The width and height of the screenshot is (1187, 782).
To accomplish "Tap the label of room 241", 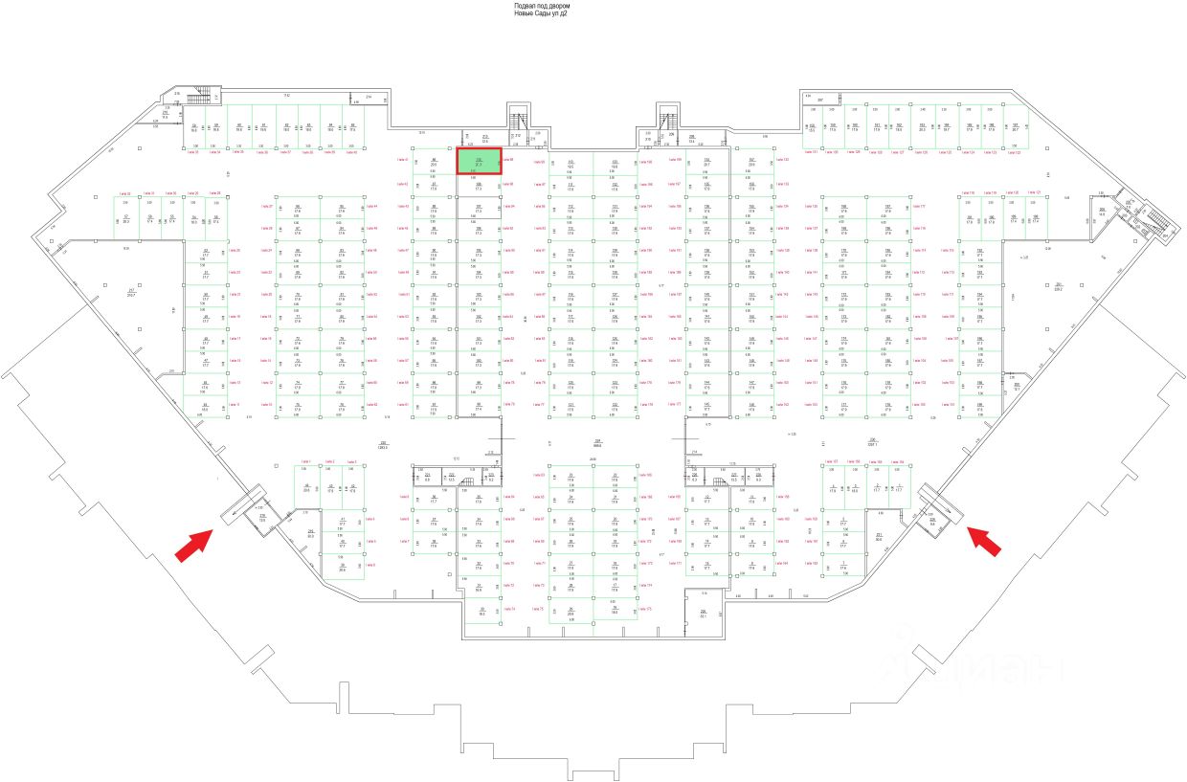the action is (310, 532).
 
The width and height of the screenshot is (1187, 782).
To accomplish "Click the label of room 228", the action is (703, 612).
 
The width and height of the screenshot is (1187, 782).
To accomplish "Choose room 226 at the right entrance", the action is (932, 520).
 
